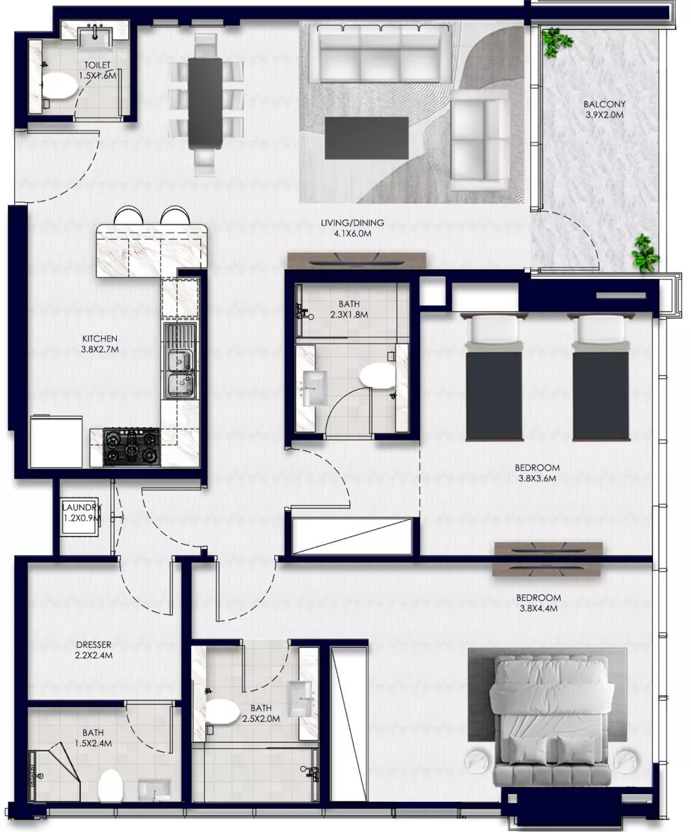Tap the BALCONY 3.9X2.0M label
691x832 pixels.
coord(604,110)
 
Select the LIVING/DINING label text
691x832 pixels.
coord(352,223)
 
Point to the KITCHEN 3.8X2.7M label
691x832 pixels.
coord(100,344)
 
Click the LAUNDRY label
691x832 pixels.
coord(81,507)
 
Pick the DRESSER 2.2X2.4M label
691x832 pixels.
coord(94,650)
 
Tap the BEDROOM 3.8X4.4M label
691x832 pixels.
coord(538,603)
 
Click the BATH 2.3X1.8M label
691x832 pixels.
coord(349,309)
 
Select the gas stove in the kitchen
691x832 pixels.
coord(132,447)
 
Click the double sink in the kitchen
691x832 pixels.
coord(180,361)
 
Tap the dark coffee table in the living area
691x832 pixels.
coord(366,138)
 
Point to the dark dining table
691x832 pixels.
coord(205,102)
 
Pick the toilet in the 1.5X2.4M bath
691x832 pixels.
coord(110,786)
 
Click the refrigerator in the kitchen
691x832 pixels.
coord(56,441)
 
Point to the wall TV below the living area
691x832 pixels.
coord(356,260)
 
